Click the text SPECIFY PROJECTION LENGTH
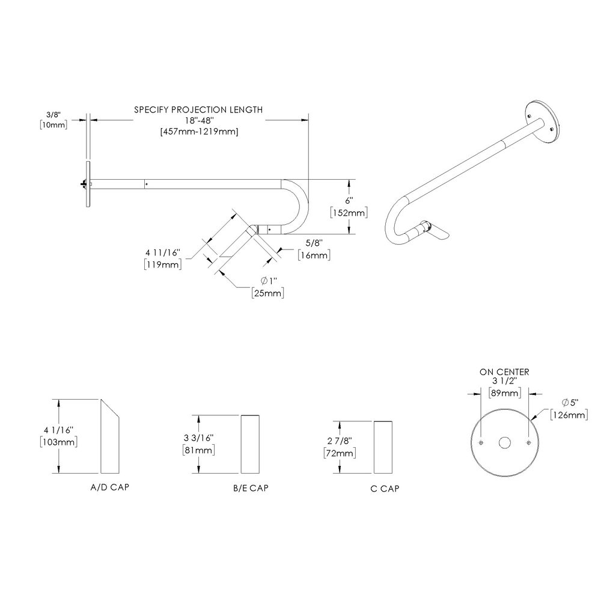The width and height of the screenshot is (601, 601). click(x=198, y=110)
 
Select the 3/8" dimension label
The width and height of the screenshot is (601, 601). click(x=53, y=113)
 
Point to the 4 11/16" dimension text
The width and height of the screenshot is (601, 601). click(x=163, y=252)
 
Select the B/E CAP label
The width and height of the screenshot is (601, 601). click(x=251, y=488)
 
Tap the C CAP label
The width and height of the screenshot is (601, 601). click(x=385, y=488)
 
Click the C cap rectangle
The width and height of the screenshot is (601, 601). click(x=384, y=448)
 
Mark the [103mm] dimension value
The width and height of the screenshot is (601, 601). click(x=59, y=442)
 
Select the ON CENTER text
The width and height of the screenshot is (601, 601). click(x=504, y=372)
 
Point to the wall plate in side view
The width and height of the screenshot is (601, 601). click(x=88, y=185)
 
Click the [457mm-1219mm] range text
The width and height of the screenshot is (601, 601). click(x=198, y=132)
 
